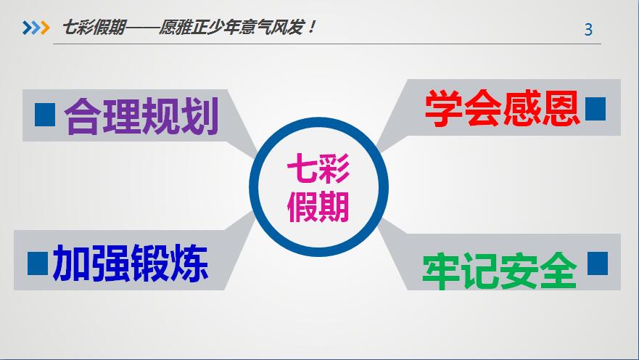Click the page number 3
pyautogui.click(x=588, y=30)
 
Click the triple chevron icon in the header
pyautogui.click(x=36, y=28)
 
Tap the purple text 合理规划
pyautogui.click(x=141, y=116)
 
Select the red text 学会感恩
pyautogui.click(x=502, y=108)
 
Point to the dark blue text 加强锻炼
pyautogui.click(x=131, y=263)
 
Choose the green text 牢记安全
pyautogui.click(x=500, y=271)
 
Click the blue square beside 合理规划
pyautogui.click(x=45, y=115)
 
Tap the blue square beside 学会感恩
pyautogui.click(x=595, y=108)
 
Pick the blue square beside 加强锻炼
pyautogui.click(x=38, y=263)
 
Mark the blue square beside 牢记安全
pyautogui.click(x=598, y=263)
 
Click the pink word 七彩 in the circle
pyautogui.click(x=318, y=168)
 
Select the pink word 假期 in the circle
pyautogui.click(x=318, y=207)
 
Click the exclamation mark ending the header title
pyautogui.click(x=312, y=28)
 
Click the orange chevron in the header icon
pyautogui.click(x=45, y=28)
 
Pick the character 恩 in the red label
pyautogui.click(x=561, y=108)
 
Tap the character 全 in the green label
pyautogui.click(x=558, y=271)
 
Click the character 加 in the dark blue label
pyautogui.click(x=72, y=263)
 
